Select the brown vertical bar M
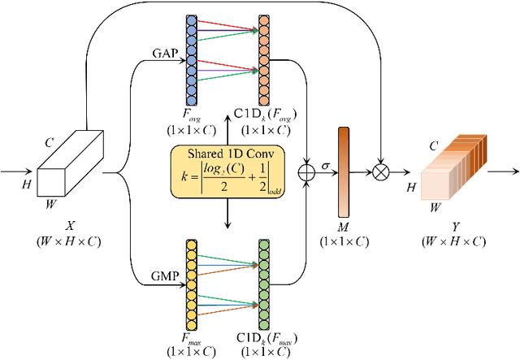coord(343,172)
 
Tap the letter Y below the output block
coord(455,228)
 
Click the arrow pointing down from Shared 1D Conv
coord(228,215)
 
